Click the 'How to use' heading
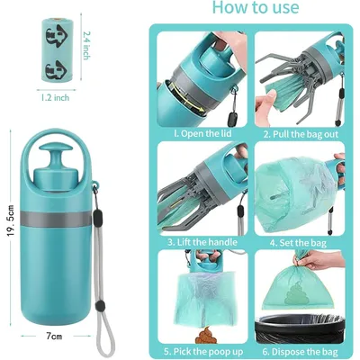tap(256, 7)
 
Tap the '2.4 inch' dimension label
tap(86, 46)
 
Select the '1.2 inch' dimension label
tap(55, 97)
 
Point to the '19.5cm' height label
tap(11, 220)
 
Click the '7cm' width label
tap(54, 337)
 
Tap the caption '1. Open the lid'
tap(202, 133)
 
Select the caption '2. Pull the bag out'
tap(301, 134)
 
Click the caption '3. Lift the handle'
tap(202, 242)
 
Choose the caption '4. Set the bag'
tap(298, 242)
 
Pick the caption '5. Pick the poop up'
tap(203, 351)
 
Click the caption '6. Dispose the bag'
tap(301, 352)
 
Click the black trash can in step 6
tap(300, 328)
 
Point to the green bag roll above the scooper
tap(57, 49)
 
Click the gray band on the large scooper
tap(56, 219)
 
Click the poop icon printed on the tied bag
tap(294, 292)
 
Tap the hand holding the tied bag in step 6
tap(319, 260)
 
